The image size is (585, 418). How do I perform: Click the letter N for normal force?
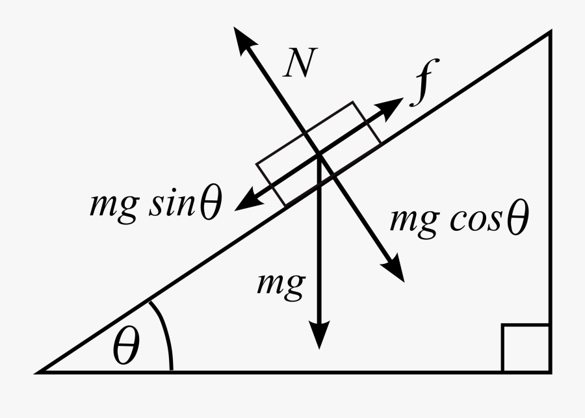[298, 63]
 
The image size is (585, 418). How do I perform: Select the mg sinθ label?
[155, 205]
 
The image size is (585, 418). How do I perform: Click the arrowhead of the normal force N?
[244, 40]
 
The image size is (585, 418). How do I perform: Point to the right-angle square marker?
[525, 349]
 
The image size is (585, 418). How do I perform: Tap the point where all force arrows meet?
[319, 155]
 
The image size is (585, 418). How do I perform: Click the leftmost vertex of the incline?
[38, 372]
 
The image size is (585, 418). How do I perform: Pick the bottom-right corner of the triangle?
[551, 372]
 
